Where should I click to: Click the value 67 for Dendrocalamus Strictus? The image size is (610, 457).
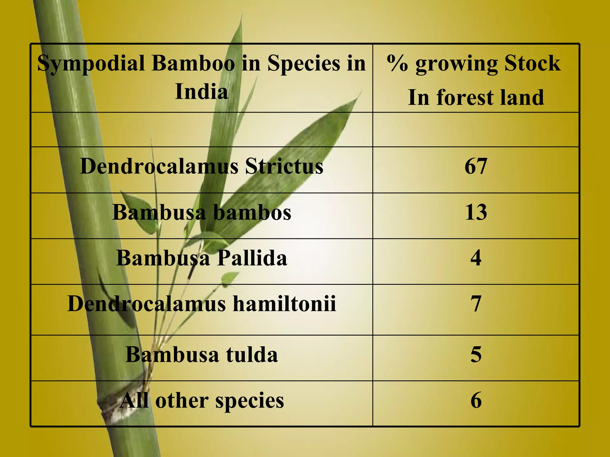(476, 166)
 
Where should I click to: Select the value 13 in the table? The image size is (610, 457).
(476, 212)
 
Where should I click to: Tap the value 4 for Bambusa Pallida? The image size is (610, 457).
(476, 258)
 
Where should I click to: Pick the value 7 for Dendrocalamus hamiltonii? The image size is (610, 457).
(476, 304)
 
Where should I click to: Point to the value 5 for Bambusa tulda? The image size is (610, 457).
(476, 355)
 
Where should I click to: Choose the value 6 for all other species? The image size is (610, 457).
(476, 400)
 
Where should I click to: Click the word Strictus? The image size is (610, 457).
(284, 166)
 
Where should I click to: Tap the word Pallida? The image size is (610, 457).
(252, 258)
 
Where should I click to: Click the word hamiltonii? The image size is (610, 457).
(284, 304)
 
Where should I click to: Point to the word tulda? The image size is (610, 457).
(252, 355)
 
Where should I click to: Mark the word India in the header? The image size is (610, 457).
(202, 91)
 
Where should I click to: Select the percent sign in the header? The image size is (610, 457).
(397, 63)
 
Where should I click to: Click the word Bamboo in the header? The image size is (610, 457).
(193, 63)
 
